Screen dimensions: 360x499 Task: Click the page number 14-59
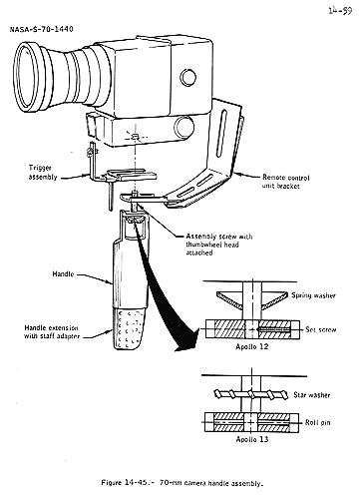340,11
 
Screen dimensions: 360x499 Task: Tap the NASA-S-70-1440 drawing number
42,29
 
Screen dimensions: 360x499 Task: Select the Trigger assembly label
43,173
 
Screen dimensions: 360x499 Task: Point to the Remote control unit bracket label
285,182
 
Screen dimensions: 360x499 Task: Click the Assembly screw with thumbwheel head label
219,245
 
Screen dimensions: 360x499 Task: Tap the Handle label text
63,274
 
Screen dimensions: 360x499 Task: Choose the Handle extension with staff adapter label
52,332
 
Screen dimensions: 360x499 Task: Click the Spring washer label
313,295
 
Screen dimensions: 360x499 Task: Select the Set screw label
320,329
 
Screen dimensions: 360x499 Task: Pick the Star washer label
312,395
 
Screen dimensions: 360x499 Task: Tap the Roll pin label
318,422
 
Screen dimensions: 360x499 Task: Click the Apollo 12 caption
251,346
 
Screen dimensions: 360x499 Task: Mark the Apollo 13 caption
252,439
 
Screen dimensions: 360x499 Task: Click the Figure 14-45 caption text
182,483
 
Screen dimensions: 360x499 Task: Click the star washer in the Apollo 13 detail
251,394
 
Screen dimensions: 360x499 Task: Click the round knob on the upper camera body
187,78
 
